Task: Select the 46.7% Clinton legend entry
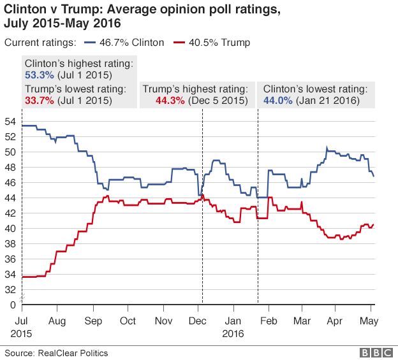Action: tap(132, 43)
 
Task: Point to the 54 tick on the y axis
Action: tap(10, 121)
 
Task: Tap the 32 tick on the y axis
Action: tap(10, 289)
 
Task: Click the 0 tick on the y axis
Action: tap(13, 305)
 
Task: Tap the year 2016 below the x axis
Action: tap(234, 333)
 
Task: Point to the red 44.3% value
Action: tap(170, 100)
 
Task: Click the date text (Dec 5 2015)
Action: tap(217, 100)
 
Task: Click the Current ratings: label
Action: tap(40, 43)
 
